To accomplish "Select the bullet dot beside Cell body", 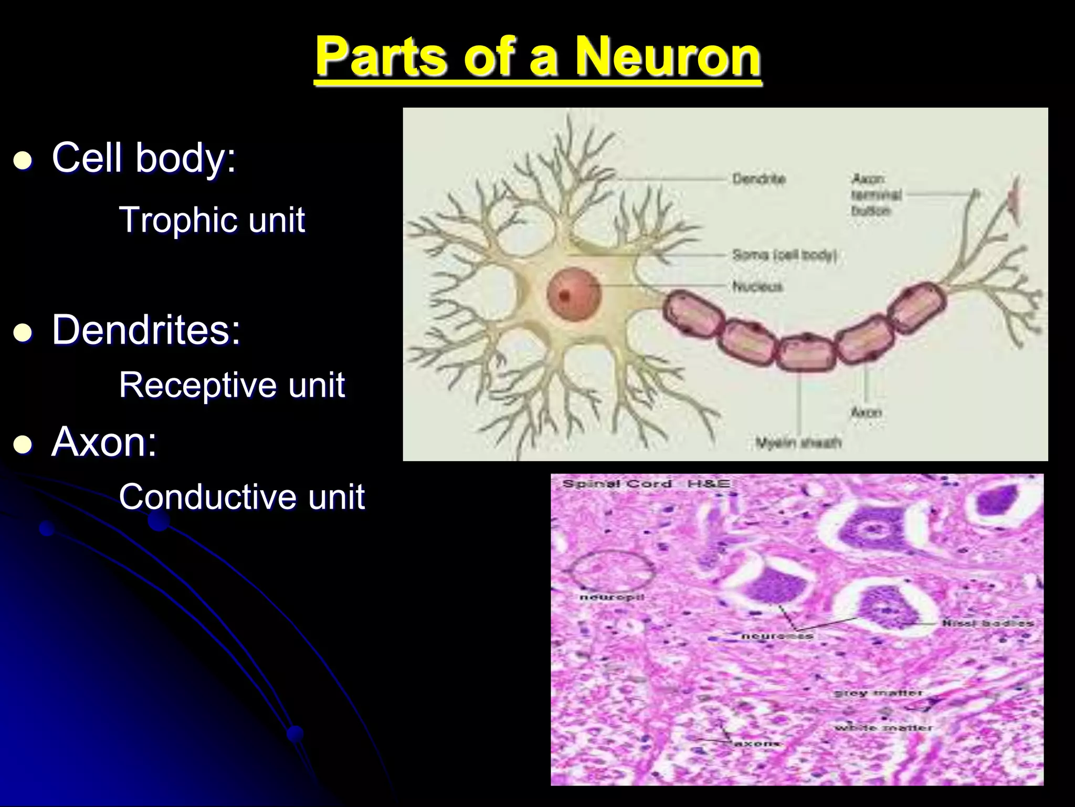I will pos(23,160).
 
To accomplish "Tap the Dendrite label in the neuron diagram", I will pos(759,179).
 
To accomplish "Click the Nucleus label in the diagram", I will pos(757,286).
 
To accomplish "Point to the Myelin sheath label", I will pos(798,443).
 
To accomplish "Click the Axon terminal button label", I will pos(876,195).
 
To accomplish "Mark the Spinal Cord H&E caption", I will pos(647,483).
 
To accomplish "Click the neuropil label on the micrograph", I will pos(612,597).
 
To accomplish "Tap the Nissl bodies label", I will pos(987,623).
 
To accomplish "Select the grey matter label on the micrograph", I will pos(878,694).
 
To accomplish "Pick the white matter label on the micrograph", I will pos(883,728).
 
